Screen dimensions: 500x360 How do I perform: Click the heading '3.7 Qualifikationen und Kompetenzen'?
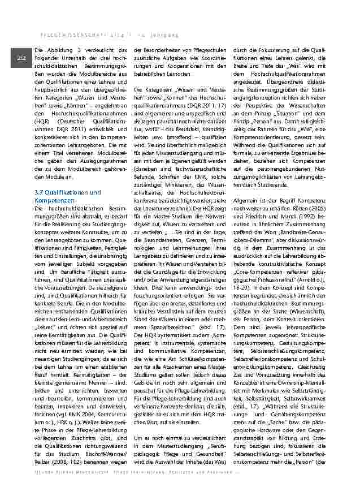(x=67, y=196)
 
